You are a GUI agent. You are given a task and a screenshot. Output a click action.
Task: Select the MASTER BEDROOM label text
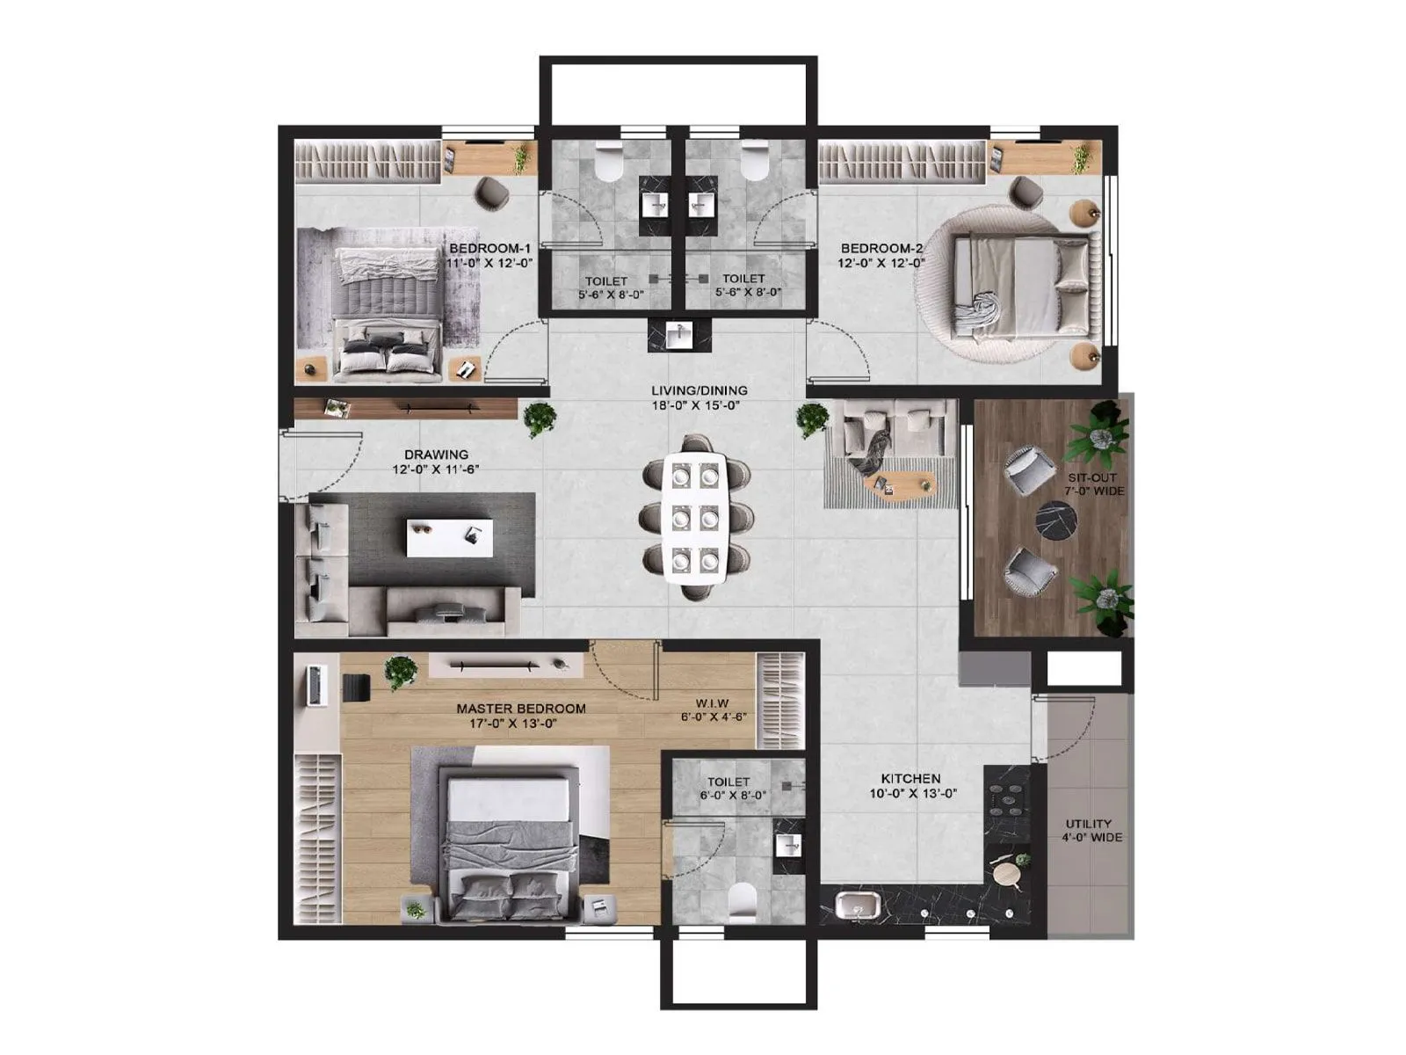click(x=520, y=709)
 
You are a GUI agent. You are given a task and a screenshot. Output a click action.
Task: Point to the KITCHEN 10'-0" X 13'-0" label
click(x=910, y=785)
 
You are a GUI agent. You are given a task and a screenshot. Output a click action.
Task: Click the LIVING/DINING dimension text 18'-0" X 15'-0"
click(x=699, y=406)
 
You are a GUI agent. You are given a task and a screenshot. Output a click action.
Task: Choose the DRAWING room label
click(x=436, y=455)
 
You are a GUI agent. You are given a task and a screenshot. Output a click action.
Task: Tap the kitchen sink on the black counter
click(x=852, y=906)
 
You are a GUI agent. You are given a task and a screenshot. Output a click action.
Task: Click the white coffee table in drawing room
click(x=449, y=537)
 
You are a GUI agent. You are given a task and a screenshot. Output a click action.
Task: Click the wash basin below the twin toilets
click(x=678, y=336)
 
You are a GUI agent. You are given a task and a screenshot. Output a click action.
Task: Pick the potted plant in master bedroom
click(x=401, y=673)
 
